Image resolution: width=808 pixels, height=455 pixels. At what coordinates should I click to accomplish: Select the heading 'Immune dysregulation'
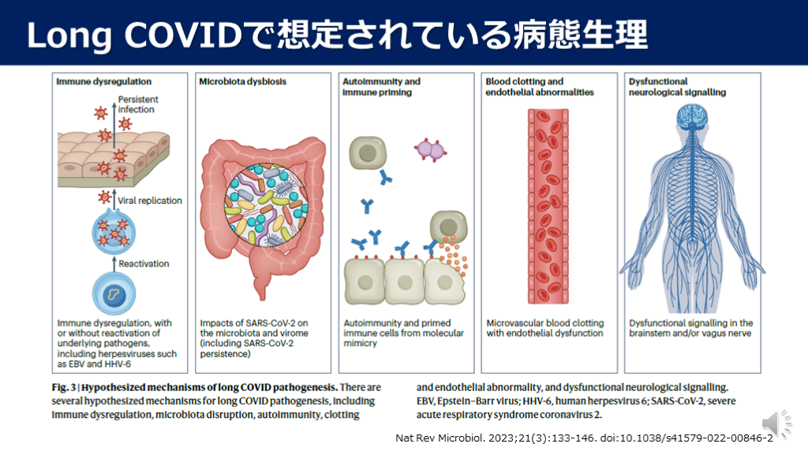click(x=103, y=81)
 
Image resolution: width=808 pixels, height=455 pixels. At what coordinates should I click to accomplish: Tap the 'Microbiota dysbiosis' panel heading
click(x=242, y=81)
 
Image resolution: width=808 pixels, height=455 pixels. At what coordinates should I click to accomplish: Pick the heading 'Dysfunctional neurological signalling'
click(x=677, y=86)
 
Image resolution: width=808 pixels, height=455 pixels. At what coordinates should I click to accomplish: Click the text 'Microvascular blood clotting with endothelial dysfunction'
click(x=544, y=328)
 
